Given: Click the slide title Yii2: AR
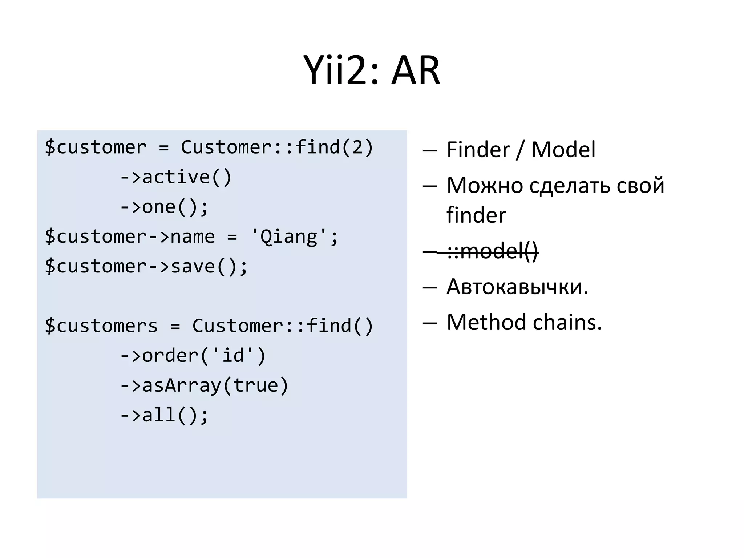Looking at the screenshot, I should [x=372, y=70].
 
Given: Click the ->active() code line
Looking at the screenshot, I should [x=175, y=177].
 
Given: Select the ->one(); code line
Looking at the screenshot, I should [x=164, y=207].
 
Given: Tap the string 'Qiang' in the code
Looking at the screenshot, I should [x=288, y=237].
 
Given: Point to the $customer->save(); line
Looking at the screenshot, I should [x=146, y=266].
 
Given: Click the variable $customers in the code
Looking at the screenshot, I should [x=101, y=325].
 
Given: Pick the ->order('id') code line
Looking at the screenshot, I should [x=193, y=355].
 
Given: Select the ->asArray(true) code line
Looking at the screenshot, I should [x=204, y=385].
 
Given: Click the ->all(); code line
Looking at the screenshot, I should [x=164, y=415].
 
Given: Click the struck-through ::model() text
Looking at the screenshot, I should [x=492, y=251].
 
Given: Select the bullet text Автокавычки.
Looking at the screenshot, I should [x=517, y=287].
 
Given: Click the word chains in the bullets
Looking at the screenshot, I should [x=567, y=322].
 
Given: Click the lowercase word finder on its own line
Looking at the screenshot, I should [x=476, y=215].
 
